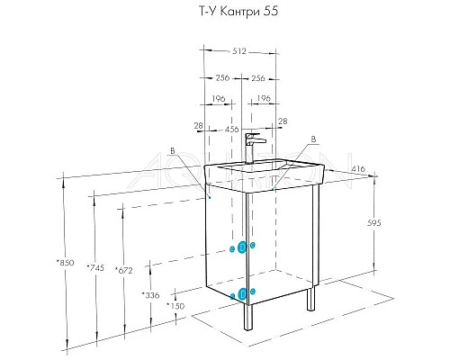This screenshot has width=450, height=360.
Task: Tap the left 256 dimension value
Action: [x=220, y=76]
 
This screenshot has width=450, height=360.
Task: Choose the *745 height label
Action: [x=94, y=267]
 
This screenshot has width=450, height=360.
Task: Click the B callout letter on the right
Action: [x=313, y=139]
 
